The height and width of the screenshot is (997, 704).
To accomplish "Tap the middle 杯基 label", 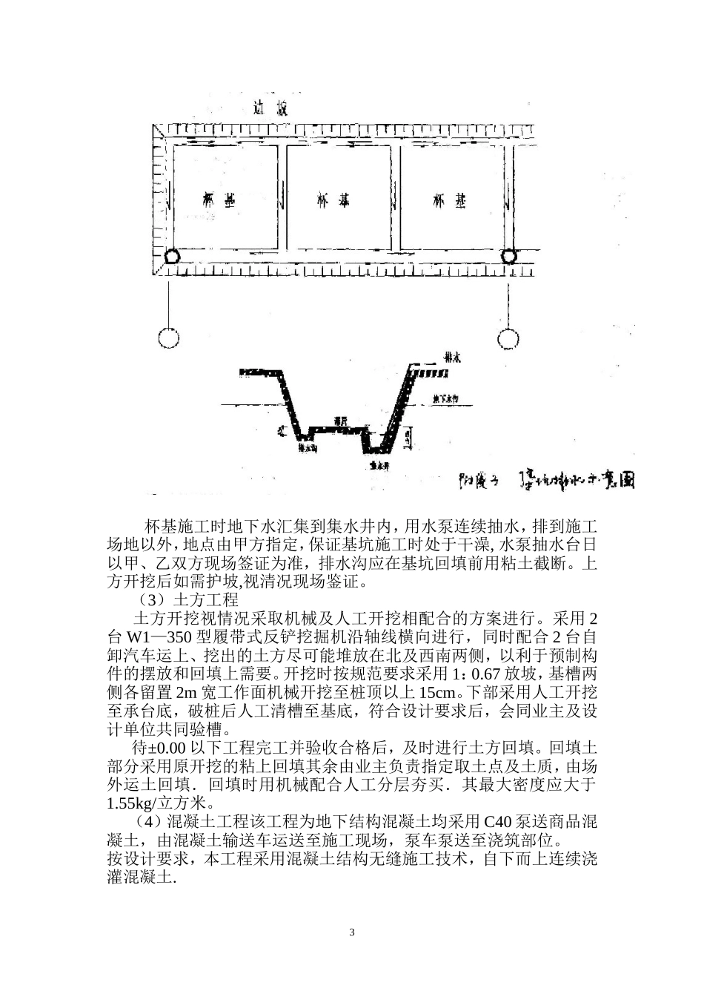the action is pyautogui.click(x=333, y=200).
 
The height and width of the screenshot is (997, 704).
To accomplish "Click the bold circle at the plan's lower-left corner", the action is pyautogui.click(x=171, y=257).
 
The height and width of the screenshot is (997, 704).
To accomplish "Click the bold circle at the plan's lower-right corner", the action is pyautogui.click(x=508, y=257).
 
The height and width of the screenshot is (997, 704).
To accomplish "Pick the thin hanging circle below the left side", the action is pyautogui.click(x=169, y=338).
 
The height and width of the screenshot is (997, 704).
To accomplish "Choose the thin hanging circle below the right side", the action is pyautogui.click(x=508, y=339).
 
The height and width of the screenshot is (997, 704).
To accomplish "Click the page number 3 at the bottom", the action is pyautogui.click(x=352, y=932).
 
